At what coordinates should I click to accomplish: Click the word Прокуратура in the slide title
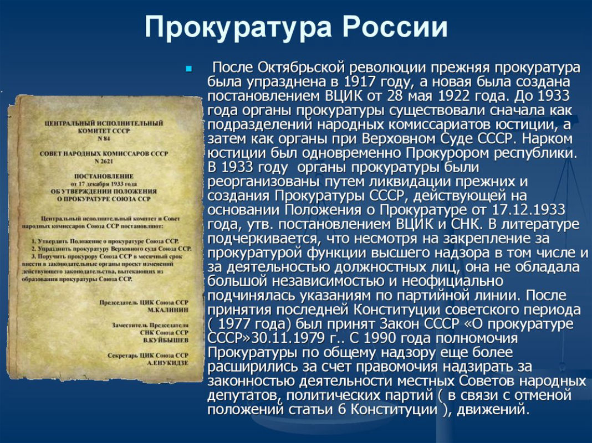click(238, 28)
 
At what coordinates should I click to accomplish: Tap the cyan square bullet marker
click(189, 69)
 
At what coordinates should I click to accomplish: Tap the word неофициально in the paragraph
click(452, 282)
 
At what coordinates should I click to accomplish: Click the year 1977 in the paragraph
click(236, 324)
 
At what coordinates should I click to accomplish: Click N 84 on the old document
click(104, 139)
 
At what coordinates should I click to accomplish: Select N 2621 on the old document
click(104, 161)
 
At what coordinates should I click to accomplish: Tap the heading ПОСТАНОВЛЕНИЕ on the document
click(104, 176)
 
